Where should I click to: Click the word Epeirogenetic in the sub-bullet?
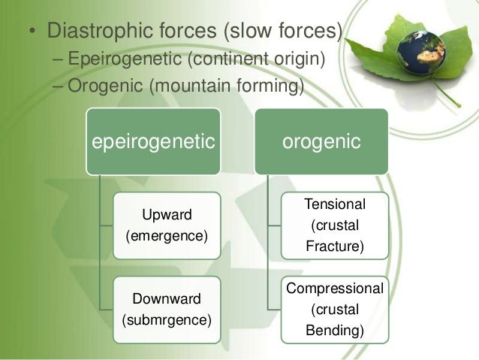click(x=125, y=59)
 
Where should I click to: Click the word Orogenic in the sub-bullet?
click(x=105, y=85)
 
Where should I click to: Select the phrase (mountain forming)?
click(x=227, y=85)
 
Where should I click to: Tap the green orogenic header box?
click(x=322, y=141)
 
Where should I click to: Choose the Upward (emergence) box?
click(x=167, y=225)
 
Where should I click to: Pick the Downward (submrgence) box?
click(x=167, y=309)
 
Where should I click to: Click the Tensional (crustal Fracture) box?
click(x=335, y=225)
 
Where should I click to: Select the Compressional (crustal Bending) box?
click(x=335, y=309)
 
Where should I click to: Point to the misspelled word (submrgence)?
click(x=167, y=320)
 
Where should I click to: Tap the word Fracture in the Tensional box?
click(x=335, y=245)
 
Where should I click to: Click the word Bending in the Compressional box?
click(x=335, y=329)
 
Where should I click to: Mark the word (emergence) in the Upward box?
click(x=167, y=236)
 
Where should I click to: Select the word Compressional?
click(x=335, y=288)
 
